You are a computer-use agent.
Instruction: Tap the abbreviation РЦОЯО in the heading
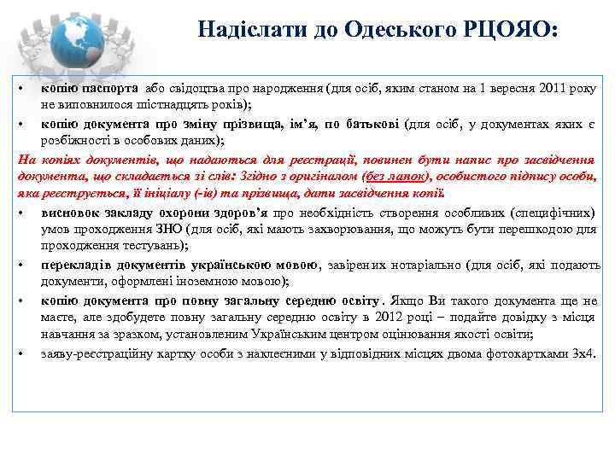(x=518, y=30)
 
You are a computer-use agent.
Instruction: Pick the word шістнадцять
(x=167, y=105)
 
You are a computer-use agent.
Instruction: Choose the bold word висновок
(x=71, y=213)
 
